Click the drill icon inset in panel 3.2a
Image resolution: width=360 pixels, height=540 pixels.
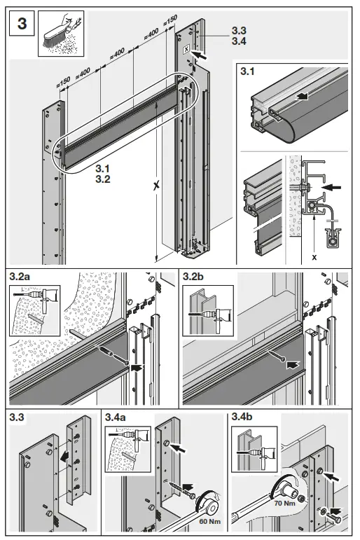click(x=29, y=305)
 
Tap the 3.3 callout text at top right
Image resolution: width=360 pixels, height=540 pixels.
click(x=240, y=32)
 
